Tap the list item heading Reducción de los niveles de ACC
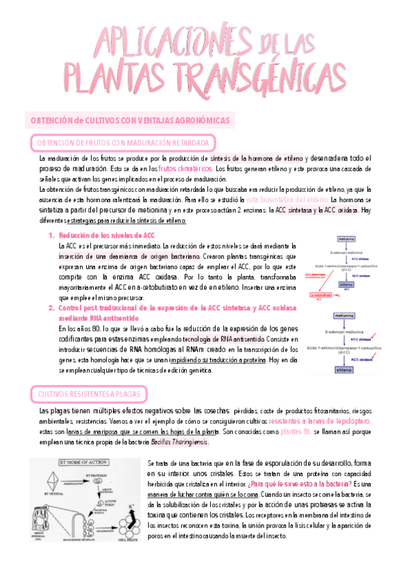tap(102, 235)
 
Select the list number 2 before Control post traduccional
tap(51, 308)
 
